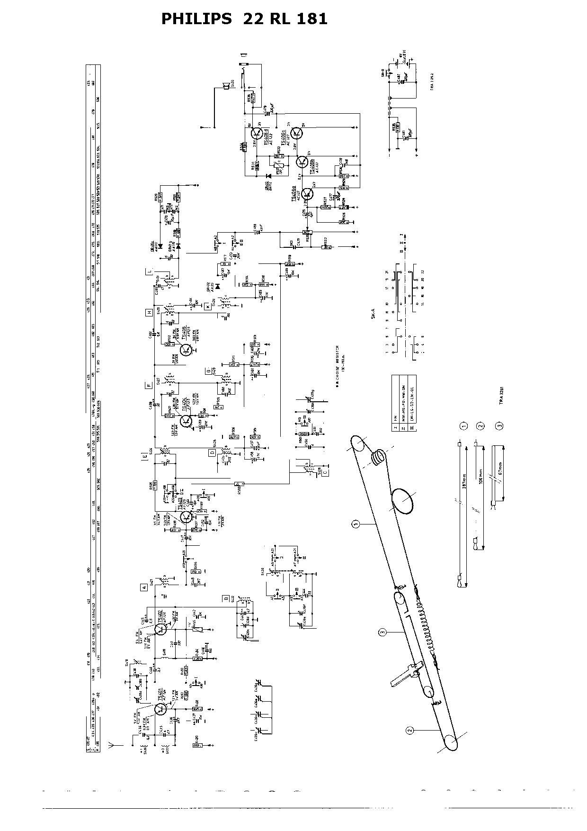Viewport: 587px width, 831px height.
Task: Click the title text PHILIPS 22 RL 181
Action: (x=244, y=19)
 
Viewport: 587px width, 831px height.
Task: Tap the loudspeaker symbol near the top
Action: (x=226, y=85)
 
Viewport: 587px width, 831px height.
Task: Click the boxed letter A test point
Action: (x=143, y=587)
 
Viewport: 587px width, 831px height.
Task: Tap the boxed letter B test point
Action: (x=227, y=598)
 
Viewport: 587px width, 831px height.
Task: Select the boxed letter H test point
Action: (x=149, y=313)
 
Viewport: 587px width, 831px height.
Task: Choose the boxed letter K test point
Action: (x=207, y=306)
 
